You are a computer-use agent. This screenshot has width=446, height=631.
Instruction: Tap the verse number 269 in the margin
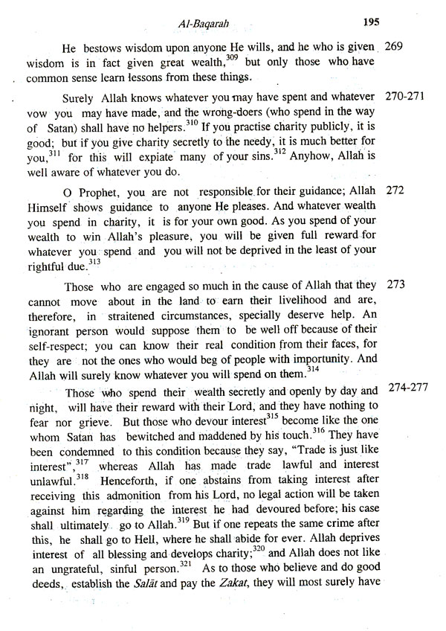[395, 47]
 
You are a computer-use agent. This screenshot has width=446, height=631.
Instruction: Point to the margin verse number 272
[395, 190]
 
